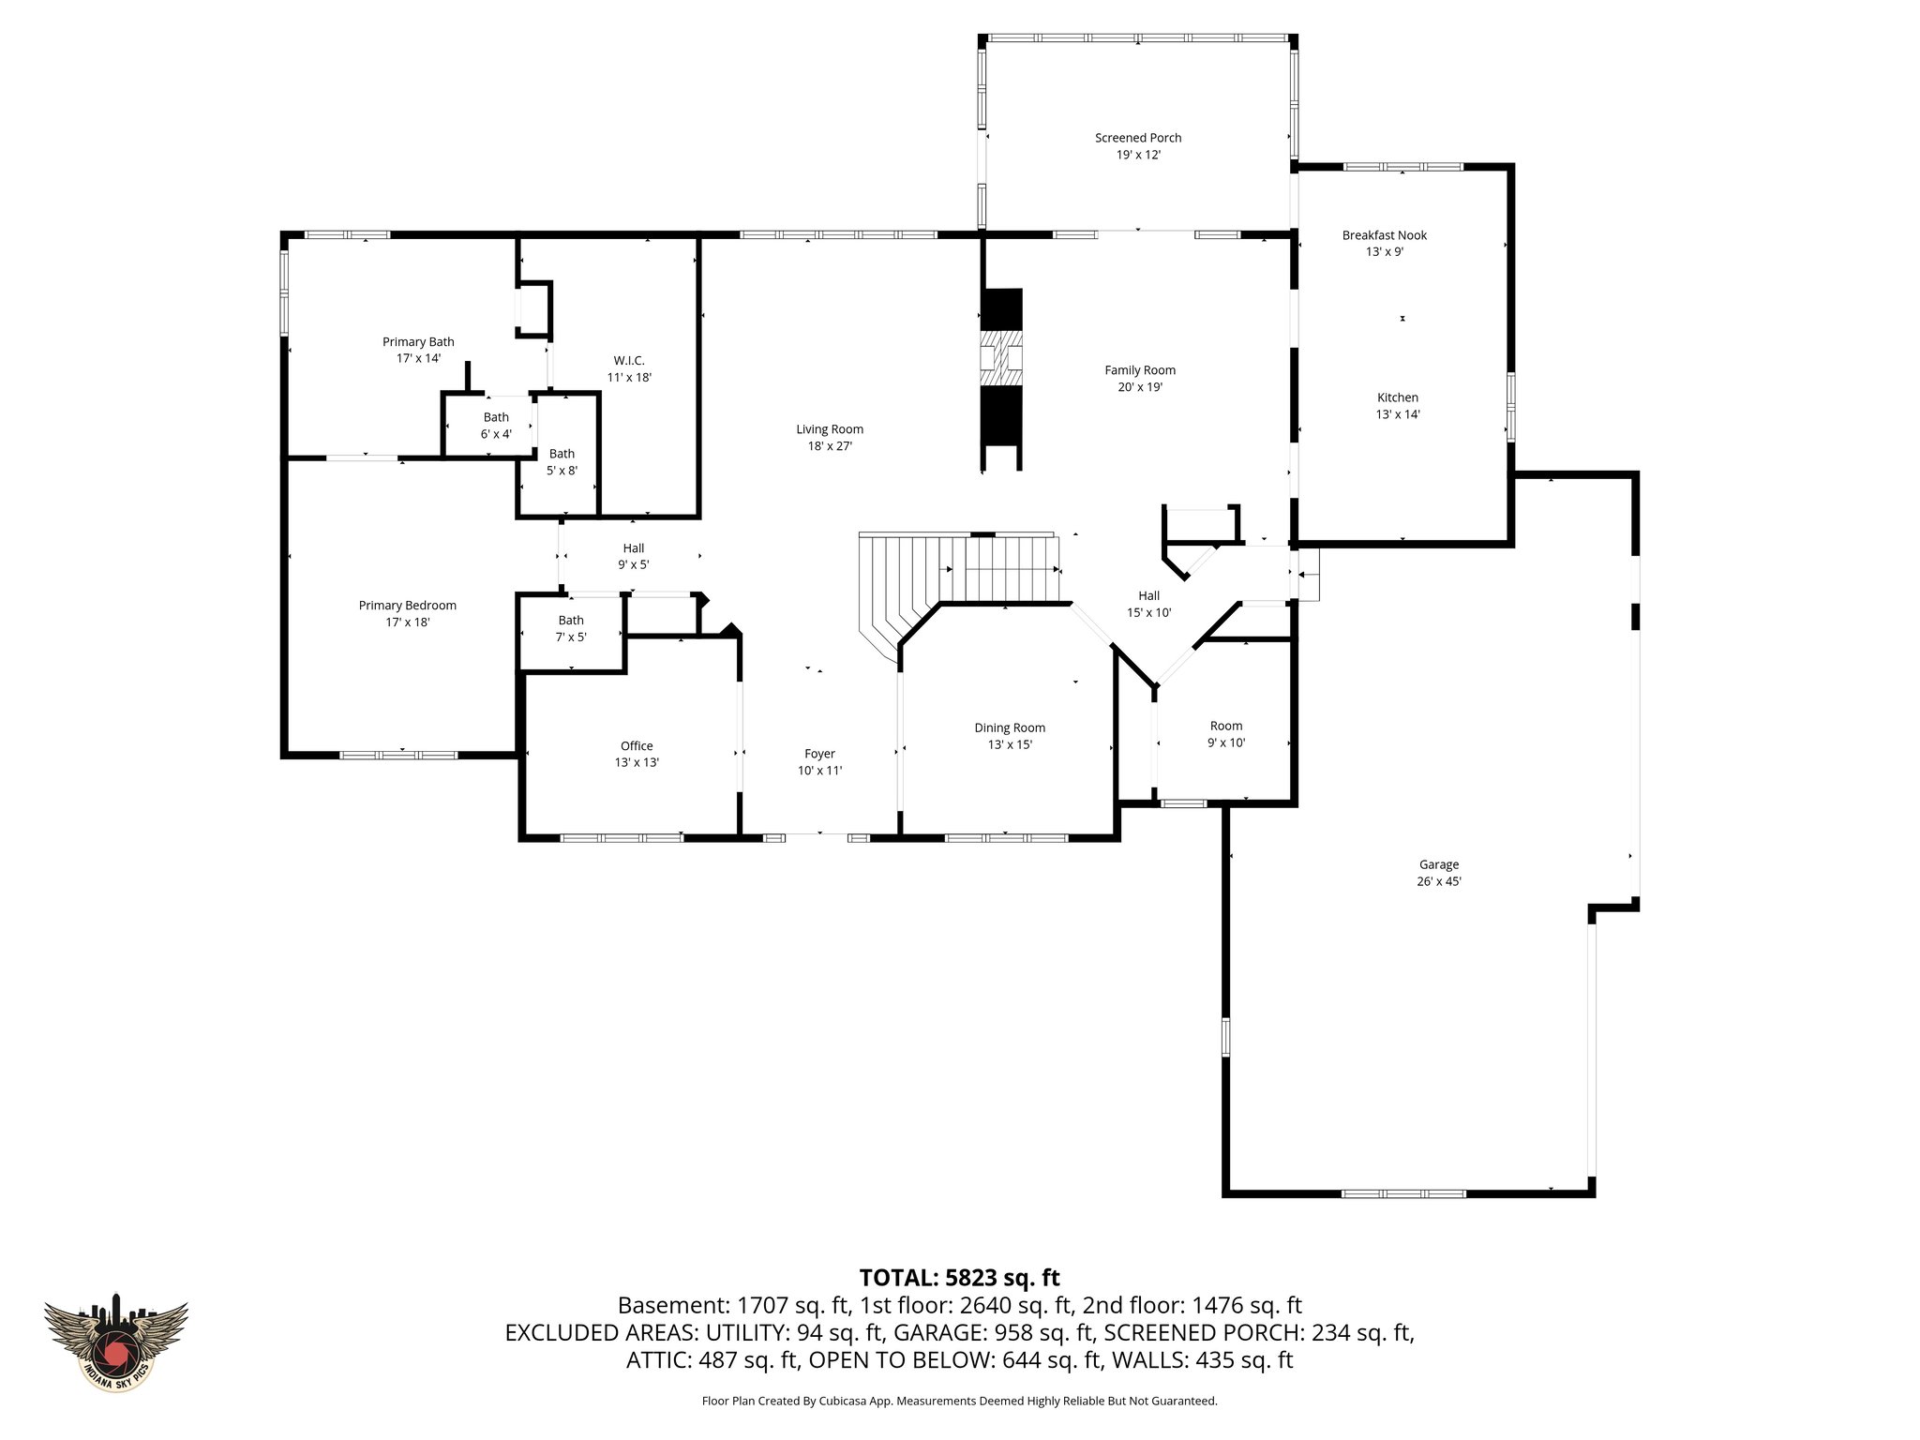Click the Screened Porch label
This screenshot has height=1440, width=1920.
point(1138,138)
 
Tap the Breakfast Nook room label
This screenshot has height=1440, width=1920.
point(1384,235)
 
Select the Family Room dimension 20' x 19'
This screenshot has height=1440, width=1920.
point(1140,387)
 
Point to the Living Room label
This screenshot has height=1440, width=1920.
point(830,429)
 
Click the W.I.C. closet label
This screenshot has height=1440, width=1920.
point(629,361)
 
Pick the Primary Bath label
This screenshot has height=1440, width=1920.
point(418,342)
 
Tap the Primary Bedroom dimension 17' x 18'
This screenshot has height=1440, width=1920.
point(407,622)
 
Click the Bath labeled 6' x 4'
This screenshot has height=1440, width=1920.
point(496,426)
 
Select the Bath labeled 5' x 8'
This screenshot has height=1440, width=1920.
point(562,462)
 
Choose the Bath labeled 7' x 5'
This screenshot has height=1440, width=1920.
point(571,628)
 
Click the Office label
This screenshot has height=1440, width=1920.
point(637,746)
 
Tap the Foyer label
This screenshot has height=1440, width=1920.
point(819,754)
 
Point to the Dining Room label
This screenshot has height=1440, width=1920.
point(1010,727)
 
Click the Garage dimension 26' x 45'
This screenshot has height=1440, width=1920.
point(1439,881)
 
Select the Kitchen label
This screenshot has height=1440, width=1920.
point(1397,397)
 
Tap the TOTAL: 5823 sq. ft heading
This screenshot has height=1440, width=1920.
point(959,1277)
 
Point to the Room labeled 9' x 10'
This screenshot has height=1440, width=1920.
point(1225,734)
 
